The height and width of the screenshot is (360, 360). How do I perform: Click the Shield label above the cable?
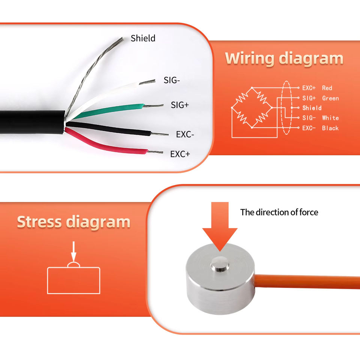[143, 38]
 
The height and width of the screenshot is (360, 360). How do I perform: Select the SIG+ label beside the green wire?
[180, 105]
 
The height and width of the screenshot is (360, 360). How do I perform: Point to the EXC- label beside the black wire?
[185, 134]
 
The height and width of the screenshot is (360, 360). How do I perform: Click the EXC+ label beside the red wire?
[180, 154]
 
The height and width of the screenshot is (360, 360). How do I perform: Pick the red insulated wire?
[109, 145]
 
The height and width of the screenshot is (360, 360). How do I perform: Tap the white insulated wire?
[109, 94]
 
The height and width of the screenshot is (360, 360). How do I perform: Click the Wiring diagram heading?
[284, 58]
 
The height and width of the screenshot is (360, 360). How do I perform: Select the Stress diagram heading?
[73, 222]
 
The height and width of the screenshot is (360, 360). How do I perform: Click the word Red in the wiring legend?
[327, 88]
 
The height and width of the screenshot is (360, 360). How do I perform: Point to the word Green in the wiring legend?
[330, 98]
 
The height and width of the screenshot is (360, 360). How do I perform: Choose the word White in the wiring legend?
[330, 118]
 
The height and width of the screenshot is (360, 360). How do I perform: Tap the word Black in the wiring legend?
[330, 128]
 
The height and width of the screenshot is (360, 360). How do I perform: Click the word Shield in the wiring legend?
[312, 108]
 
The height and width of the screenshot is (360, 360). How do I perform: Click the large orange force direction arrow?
[219, 225]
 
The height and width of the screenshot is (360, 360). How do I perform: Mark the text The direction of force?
[279, 213]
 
